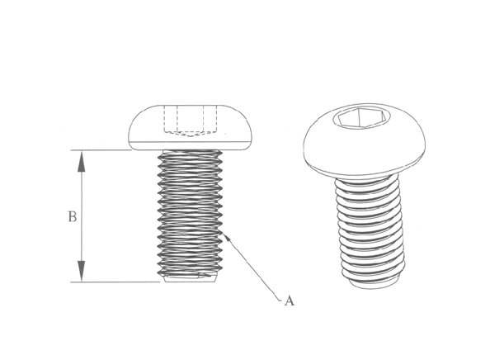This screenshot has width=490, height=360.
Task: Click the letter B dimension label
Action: click(73, 217)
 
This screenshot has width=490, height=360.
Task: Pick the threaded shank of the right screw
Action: click(370, 227)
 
